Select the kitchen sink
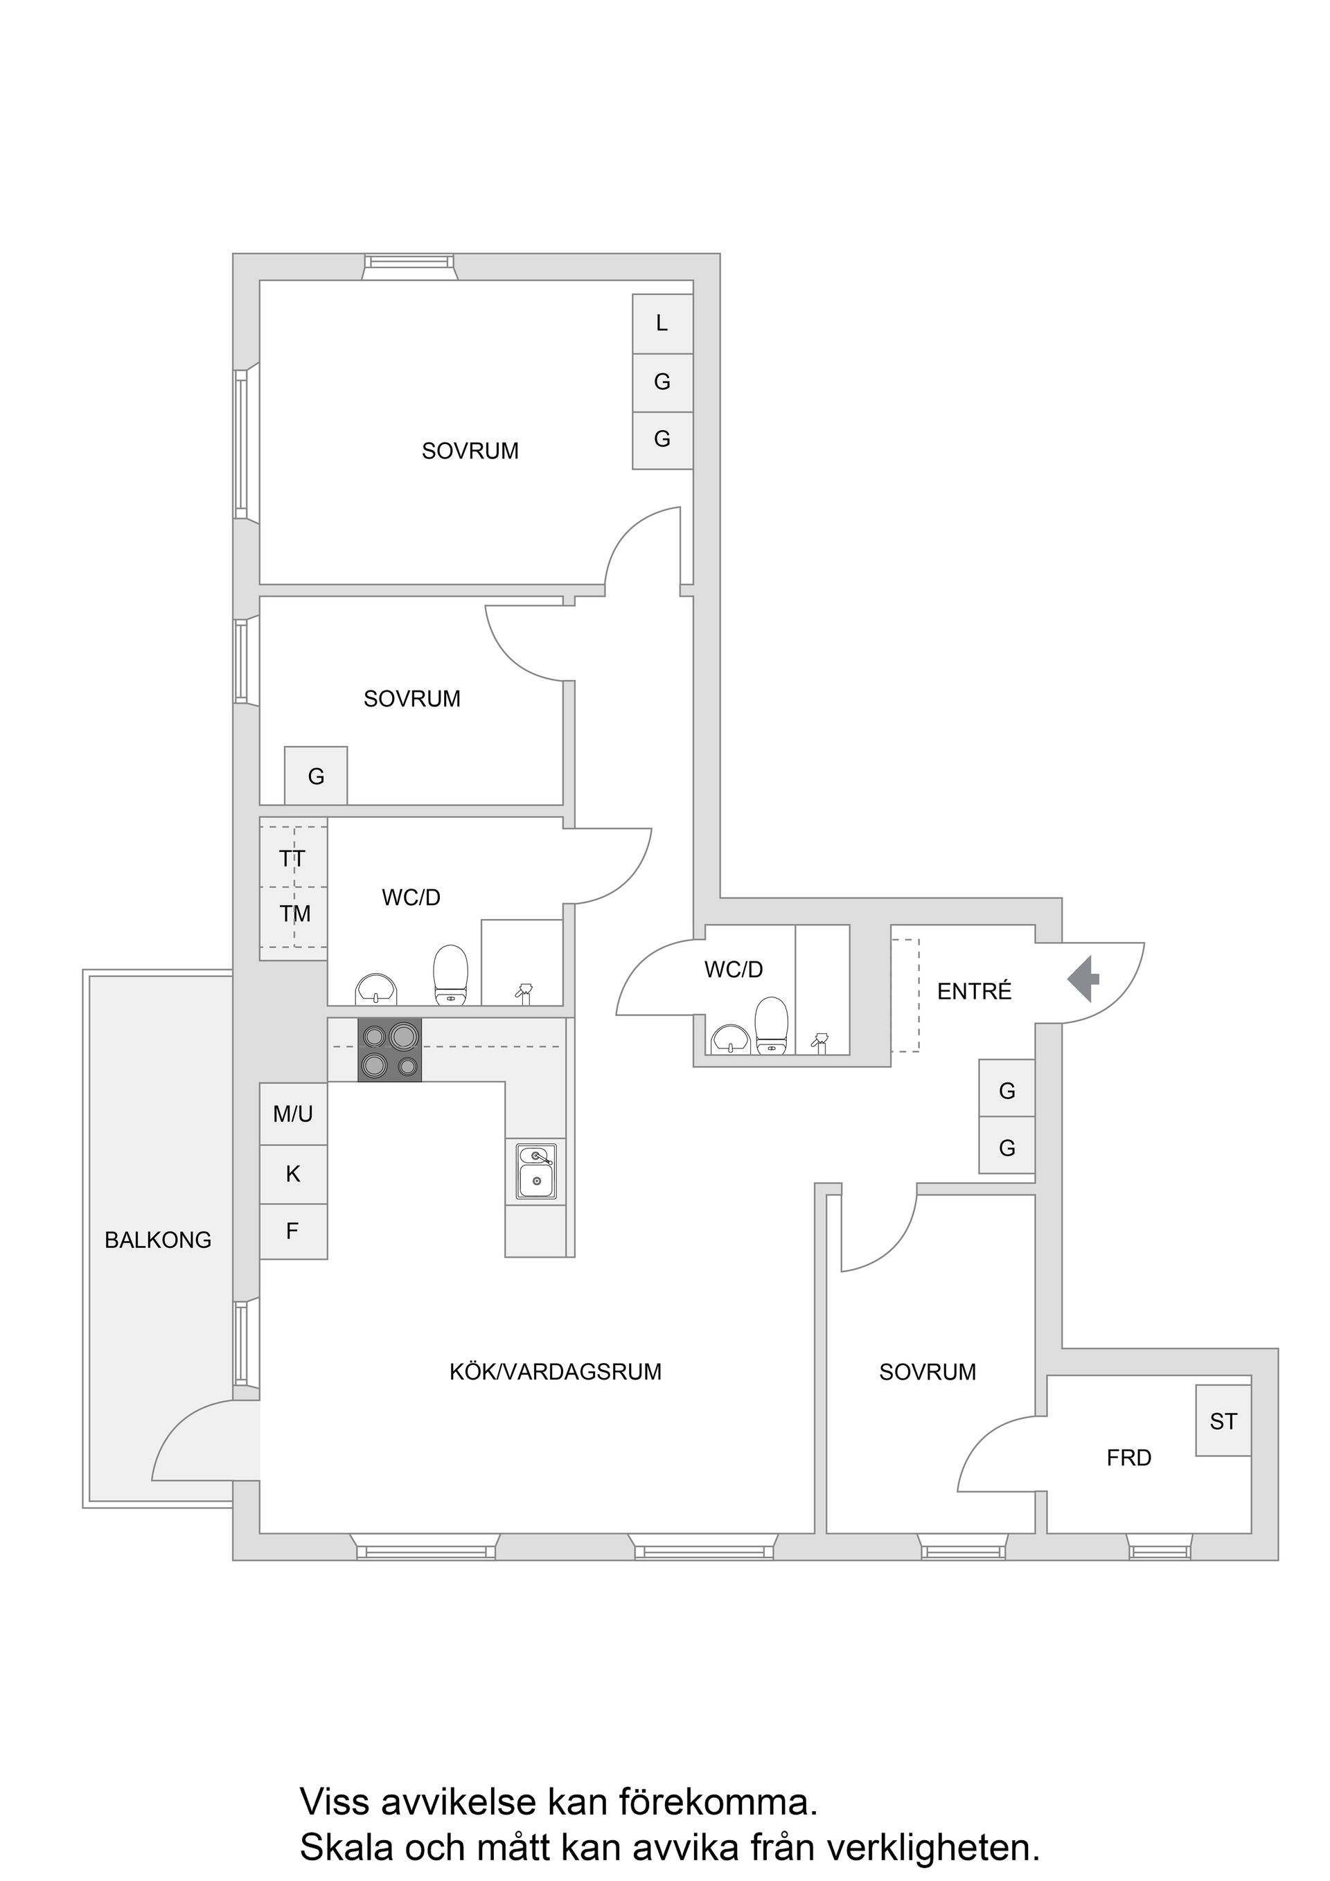click(536, 1172)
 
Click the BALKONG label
click(157, 1240)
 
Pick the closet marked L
click(662, 323)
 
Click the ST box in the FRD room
click(1223, 1421)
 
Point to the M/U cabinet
click(294, 1114)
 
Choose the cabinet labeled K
click(294, 1175)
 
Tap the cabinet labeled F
click(294, 1231)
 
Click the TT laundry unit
click(292, 858)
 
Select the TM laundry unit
click(294, 913)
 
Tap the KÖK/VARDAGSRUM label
click(555, 1371)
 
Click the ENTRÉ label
click(973, 991)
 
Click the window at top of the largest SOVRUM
click(409, 263)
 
